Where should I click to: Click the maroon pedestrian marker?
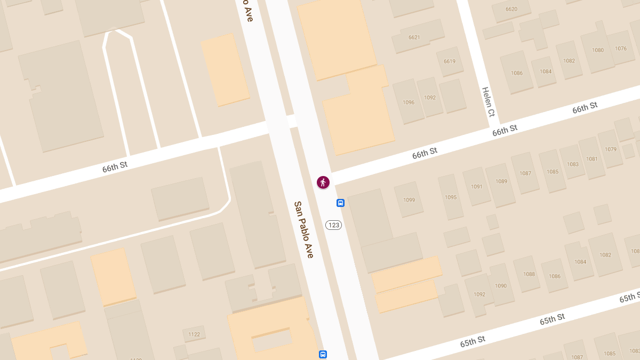coord(323,182)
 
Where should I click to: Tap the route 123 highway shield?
coord(334,225)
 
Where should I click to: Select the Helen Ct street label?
coord(489,102)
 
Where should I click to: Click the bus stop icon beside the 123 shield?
coord(340,203)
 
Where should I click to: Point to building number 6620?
coord(511,9)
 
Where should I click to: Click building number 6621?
coord(414,37)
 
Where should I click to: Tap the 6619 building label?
coord(449,61)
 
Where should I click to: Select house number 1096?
coord(409,102)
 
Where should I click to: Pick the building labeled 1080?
coord(598,50)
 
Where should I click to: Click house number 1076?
coord(621,49)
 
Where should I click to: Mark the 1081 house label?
coord(592,159)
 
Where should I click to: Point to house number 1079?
coord(611,149)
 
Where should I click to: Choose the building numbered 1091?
coord(477,187)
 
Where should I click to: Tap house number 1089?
coord(501,181)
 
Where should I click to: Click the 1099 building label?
coord(409,200)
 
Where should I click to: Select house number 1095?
coord(451,197)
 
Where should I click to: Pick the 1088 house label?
coord(529,274)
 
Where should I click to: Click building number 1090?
coord(501,286)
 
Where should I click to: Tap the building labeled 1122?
coord(194,334)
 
